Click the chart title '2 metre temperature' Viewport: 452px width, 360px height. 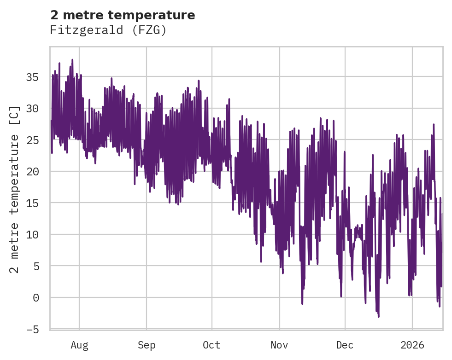click(x=123, y=15)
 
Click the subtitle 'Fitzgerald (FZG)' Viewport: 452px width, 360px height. click(x=108, y=30)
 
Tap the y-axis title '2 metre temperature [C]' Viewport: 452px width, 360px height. click(x=15, y=189)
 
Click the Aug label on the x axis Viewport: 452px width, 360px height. click(x=79, y=345)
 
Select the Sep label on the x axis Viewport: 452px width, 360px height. click(x=147, y=345)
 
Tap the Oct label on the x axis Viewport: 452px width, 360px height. click(x=212, y=345)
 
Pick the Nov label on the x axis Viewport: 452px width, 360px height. click(x=279, y=345)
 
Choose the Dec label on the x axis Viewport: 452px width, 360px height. click(x=345, y=345)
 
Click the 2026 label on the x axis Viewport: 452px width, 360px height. click(x=412, y=345)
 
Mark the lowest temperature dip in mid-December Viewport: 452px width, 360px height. click(x=379, y=316)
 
